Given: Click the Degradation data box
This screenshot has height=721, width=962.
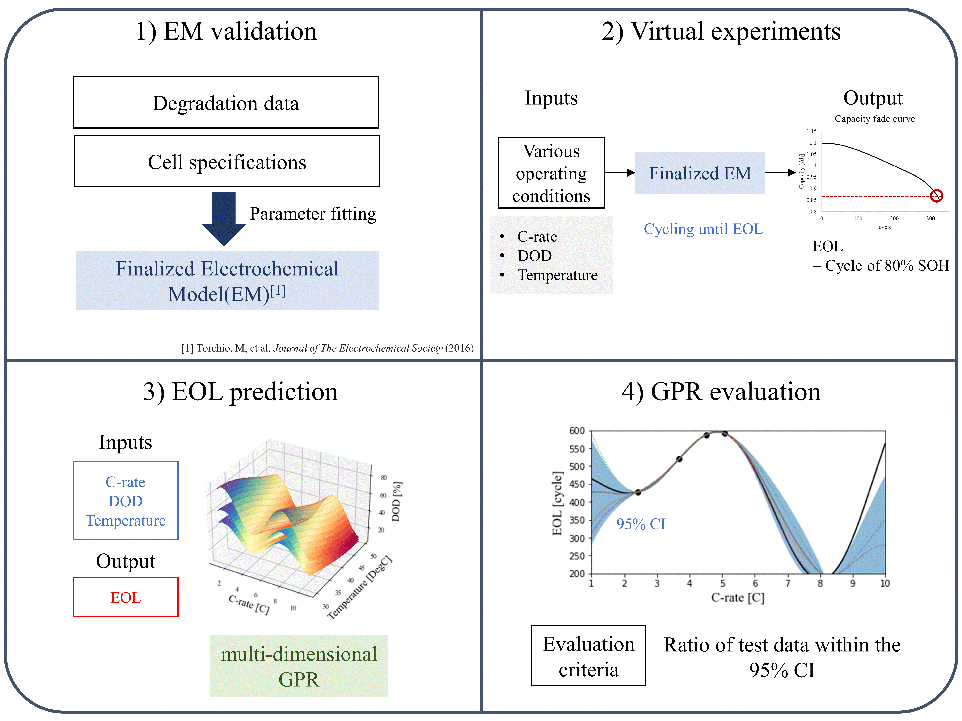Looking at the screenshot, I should point(226,103).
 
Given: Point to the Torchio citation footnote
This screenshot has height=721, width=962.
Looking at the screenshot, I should point(327,348).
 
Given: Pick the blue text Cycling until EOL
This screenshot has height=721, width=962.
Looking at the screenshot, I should point(703,229).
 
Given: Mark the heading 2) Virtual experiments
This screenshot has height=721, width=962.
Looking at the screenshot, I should point(721,31).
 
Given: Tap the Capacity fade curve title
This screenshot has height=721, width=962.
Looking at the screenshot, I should point(875,119).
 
